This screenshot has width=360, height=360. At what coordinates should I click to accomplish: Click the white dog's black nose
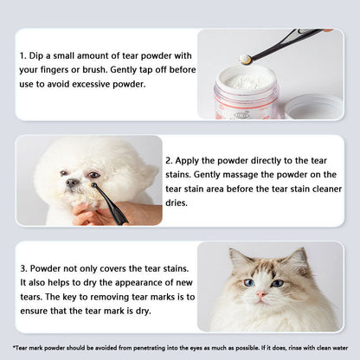pyautogui.click(x=68, y=183)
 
